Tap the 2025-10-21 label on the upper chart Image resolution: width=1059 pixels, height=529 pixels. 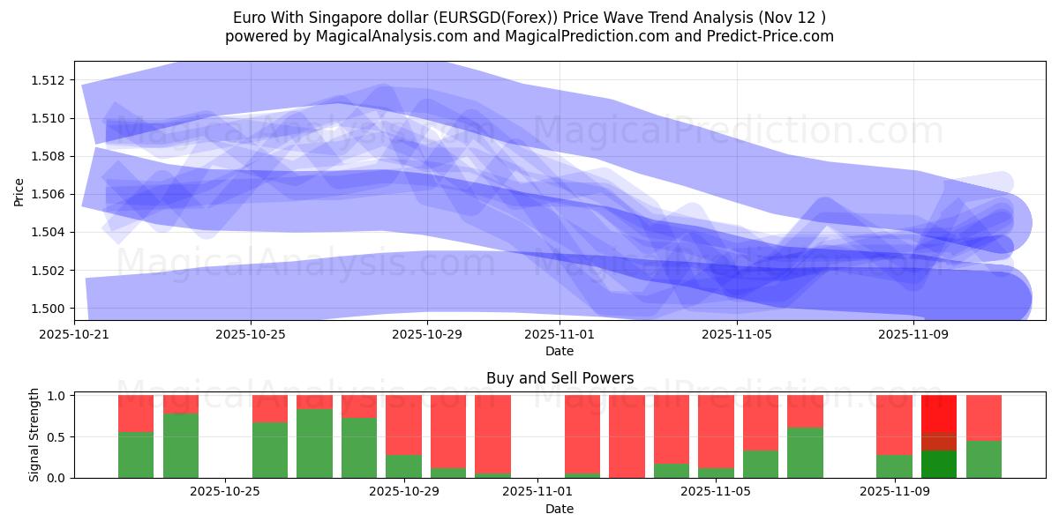pyautogui.click(x=74, y=334)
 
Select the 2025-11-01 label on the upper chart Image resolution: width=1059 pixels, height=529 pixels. pyautogui.click(x=560, y=334)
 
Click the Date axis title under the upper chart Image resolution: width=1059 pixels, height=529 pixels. pyautogui.click(x=560, y=351)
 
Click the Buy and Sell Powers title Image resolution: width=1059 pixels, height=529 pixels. pyautogui.click(x=560, y=378)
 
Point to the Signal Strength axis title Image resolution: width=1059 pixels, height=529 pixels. pyautogui.click(x=34, y=435)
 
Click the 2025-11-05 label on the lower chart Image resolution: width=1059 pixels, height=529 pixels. pyautogui.click(x=716, y=492)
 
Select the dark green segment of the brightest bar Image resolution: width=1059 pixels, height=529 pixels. pyautogui.click(x=939, y=464)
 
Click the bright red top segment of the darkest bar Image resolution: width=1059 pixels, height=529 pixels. pyautogui.click(x=939, y=413)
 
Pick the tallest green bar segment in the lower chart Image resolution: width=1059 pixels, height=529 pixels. pyautogui.click(x=314, y=443)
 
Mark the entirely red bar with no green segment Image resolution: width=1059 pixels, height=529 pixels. pyautogui.click(x=627, y=436)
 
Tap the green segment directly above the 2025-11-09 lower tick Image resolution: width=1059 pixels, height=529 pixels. pyautogui.click(x=894, y=466)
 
